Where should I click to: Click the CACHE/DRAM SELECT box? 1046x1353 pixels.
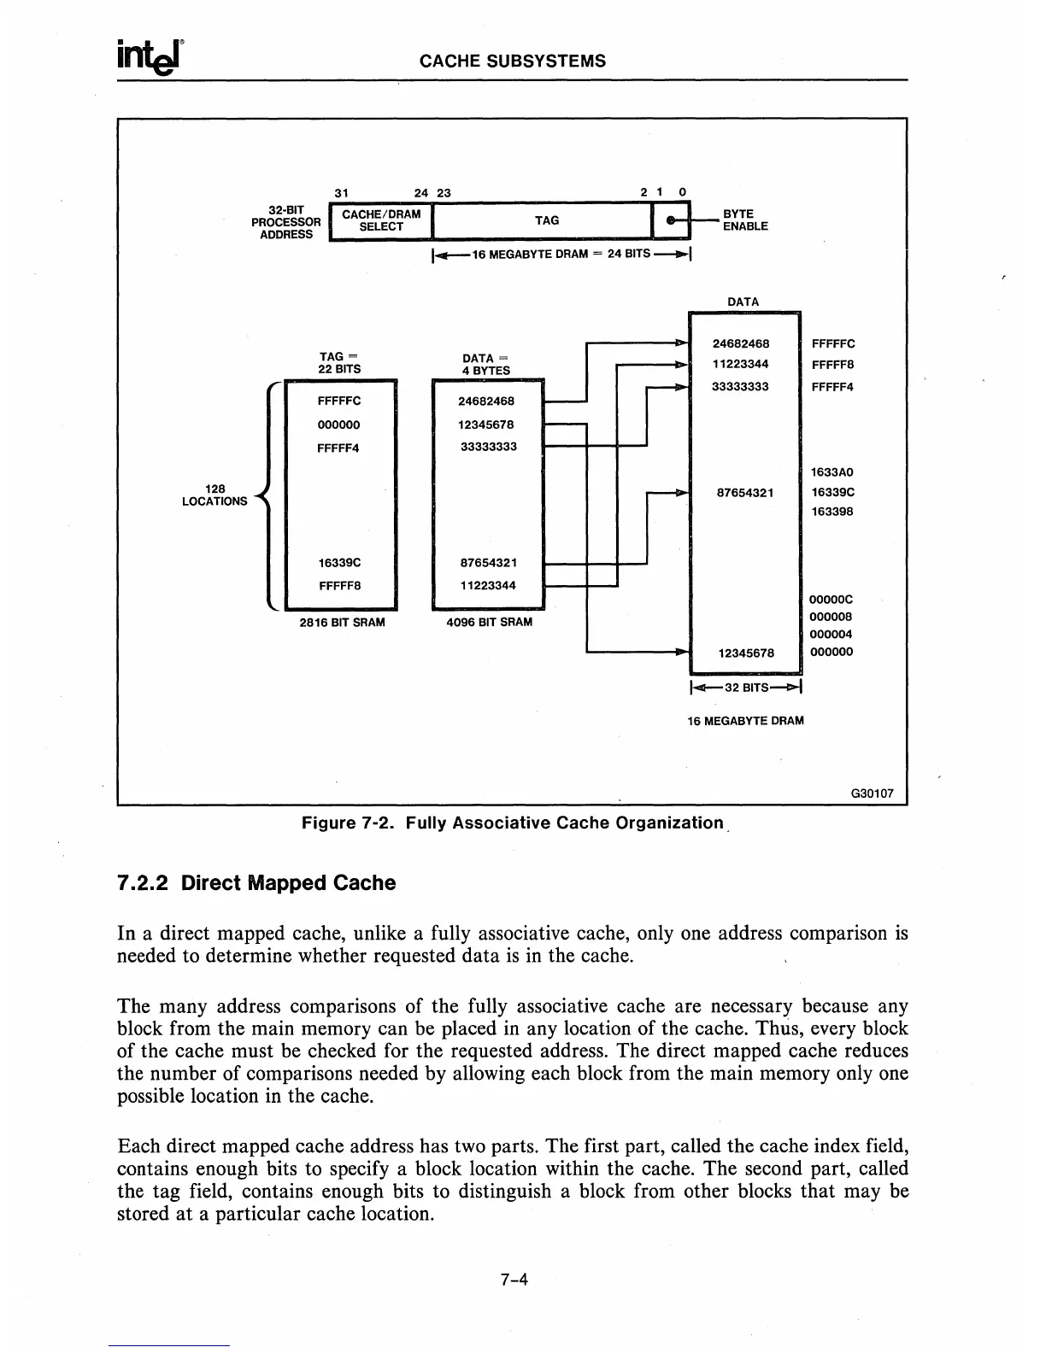(x=381, y=220)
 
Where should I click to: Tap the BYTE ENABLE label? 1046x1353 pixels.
(x=745, y=220)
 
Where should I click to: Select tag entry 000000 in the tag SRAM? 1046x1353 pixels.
(x=338, y=425)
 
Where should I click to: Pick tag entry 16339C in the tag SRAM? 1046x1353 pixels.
(x=339, y=563)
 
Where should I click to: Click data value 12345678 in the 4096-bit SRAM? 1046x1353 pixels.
(x=486, y=425)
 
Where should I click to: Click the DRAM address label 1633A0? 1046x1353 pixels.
(x=832, y=471)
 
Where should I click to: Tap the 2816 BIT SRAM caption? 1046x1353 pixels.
(x=342, y=623)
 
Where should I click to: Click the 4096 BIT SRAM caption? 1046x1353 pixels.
(x=489, y=623)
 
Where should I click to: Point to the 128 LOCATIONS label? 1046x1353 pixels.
(x=214, y=495)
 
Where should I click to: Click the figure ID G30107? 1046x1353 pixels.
(x=872, y=794)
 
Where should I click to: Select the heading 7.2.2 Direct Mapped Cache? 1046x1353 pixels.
(x=256, y=883)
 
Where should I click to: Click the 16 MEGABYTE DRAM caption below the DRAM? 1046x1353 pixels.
(x=745, y=720)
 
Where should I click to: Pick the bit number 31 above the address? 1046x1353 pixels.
(x=343, y=192)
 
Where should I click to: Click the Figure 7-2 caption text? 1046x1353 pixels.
(x=513, y=823)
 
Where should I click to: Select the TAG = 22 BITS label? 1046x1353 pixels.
(x=339, y=363)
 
